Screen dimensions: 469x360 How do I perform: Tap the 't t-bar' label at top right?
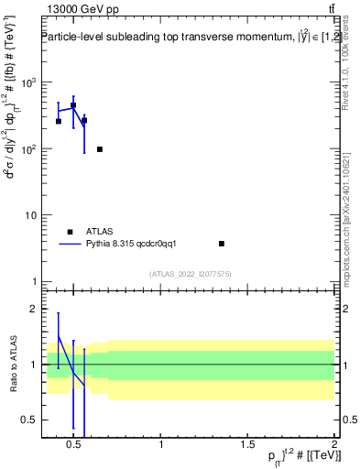330,9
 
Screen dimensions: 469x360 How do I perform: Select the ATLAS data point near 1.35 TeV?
222,244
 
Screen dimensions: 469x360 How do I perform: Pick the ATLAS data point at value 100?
100,149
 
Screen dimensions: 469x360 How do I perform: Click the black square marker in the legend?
70,232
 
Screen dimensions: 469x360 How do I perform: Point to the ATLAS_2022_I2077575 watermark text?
190,273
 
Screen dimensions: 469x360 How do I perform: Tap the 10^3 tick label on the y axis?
27,82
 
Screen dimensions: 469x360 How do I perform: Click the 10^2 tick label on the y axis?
27,148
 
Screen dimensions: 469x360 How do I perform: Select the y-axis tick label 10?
29,215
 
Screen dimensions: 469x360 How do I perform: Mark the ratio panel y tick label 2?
33,309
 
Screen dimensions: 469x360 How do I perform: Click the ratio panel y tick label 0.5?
29,420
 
